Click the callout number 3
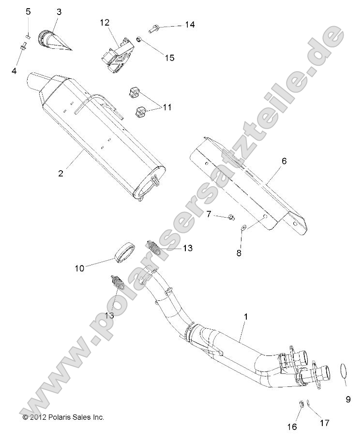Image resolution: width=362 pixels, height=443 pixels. coord(59,12)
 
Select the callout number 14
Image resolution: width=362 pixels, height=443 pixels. coord(189,25)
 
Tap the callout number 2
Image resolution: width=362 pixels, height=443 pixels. coord(60,173)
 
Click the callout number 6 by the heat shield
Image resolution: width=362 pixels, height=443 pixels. coord(284,161)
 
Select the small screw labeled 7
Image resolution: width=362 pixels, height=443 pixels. coord(231,217)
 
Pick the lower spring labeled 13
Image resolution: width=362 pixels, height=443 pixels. coord(117,283)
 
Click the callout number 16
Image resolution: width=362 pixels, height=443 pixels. coord(291,427)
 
